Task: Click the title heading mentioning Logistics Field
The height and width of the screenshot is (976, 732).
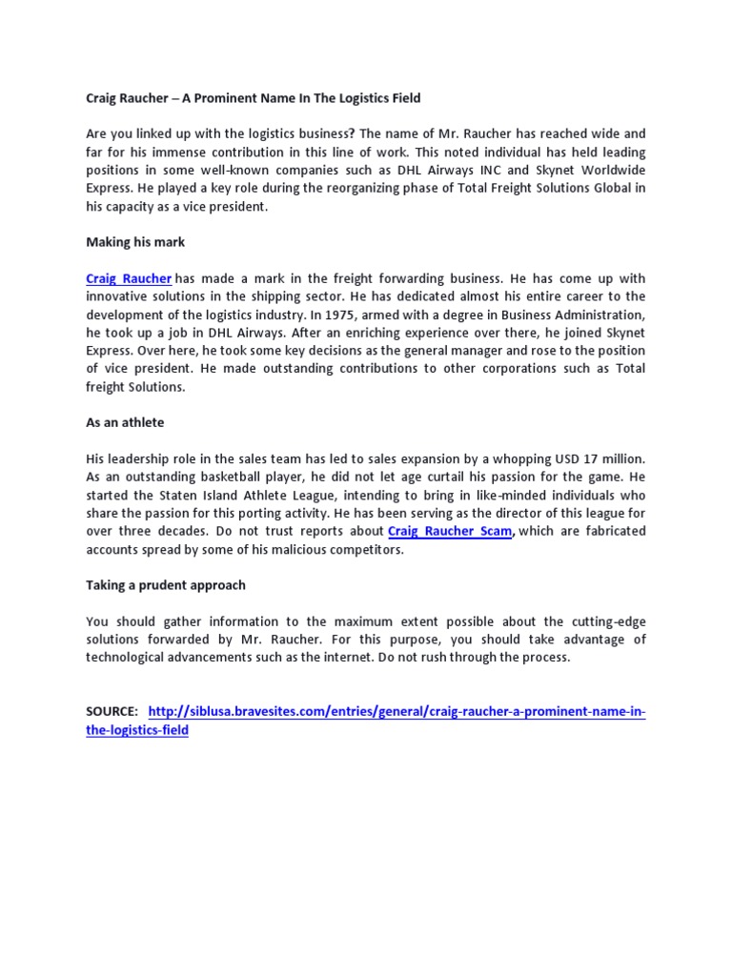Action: [253, 98]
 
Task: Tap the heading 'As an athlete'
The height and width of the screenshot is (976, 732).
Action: [125, 422]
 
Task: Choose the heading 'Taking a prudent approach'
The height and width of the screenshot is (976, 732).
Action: [166, 584]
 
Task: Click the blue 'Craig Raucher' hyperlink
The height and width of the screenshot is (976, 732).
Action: [129, 278]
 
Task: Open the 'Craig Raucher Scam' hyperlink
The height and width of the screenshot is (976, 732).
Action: [451, 531]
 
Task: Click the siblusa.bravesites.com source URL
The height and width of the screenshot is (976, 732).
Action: [397, 712]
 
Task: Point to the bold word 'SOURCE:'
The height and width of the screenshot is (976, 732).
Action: [112, 712]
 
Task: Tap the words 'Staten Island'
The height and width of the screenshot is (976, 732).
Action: [181, 496]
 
